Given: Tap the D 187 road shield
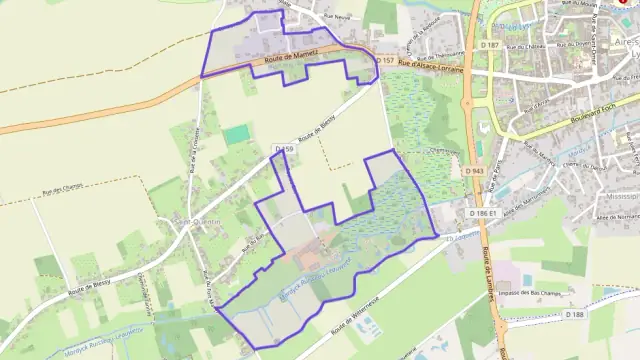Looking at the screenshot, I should coord(489,45).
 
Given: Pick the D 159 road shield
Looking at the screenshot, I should coord(283,149).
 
